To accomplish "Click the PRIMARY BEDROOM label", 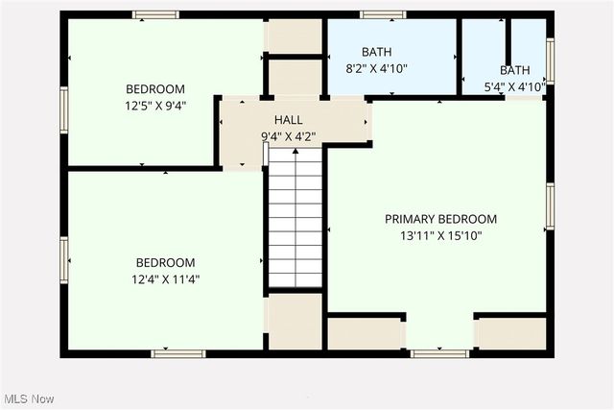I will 440,219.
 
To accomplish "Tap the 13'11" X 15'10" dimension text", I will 440,235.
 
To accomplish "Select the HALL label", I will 288,120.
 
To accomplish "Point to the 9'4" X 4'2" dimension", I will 288,136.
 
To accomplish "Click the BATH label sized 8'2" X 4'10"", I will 377,52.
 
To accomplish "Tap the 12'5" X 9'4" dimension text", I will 154,106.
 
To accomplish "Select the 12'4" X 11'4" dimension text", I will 165,279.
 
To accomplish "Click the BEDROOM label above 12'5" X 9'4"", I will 154,89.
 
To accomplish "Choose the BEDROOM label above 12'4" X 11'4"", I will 165,263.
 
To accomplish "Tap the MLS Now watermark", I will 28,398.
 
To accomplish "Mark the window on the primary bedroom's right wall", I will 550,206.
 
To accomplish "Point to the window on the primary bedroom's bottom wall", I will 439,353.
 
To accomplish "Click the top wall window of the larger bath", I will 384,15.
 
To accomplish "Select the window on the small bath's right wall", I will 550,60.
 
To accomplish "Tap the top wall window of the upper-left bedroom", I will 155,15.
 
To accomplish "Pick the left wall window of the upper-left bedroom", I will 64,109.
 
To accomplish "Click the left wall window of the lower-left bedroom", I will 64,261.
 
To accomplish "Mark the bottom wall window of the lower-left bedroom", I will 178,353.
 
